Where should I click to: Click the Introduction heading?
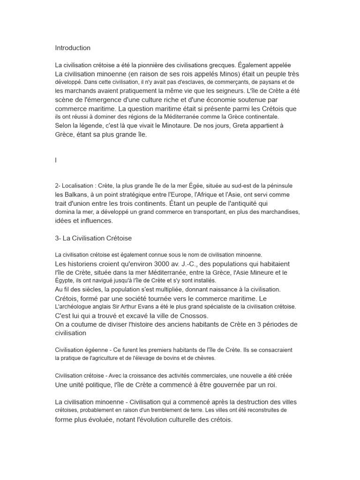73,48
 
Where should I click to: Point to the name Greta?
242,126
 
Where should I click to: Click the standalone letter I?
56,160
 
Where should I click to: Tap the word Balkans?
75,195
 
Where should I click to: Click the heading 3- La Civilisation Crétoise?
94,238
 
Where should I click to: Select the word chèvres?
202,358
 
